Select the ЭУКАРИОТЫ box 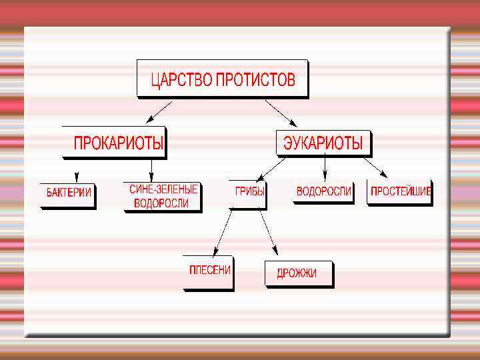[323, 143]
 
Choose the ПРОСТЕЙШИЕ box [401, 191]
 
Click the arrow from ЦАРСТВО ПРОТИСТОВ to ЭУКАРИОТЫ [281, 112]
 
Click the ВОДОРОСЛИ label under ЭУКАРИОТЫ [323, 191]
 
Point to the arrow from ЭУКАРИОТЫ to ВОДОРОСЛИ [325, 167]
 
